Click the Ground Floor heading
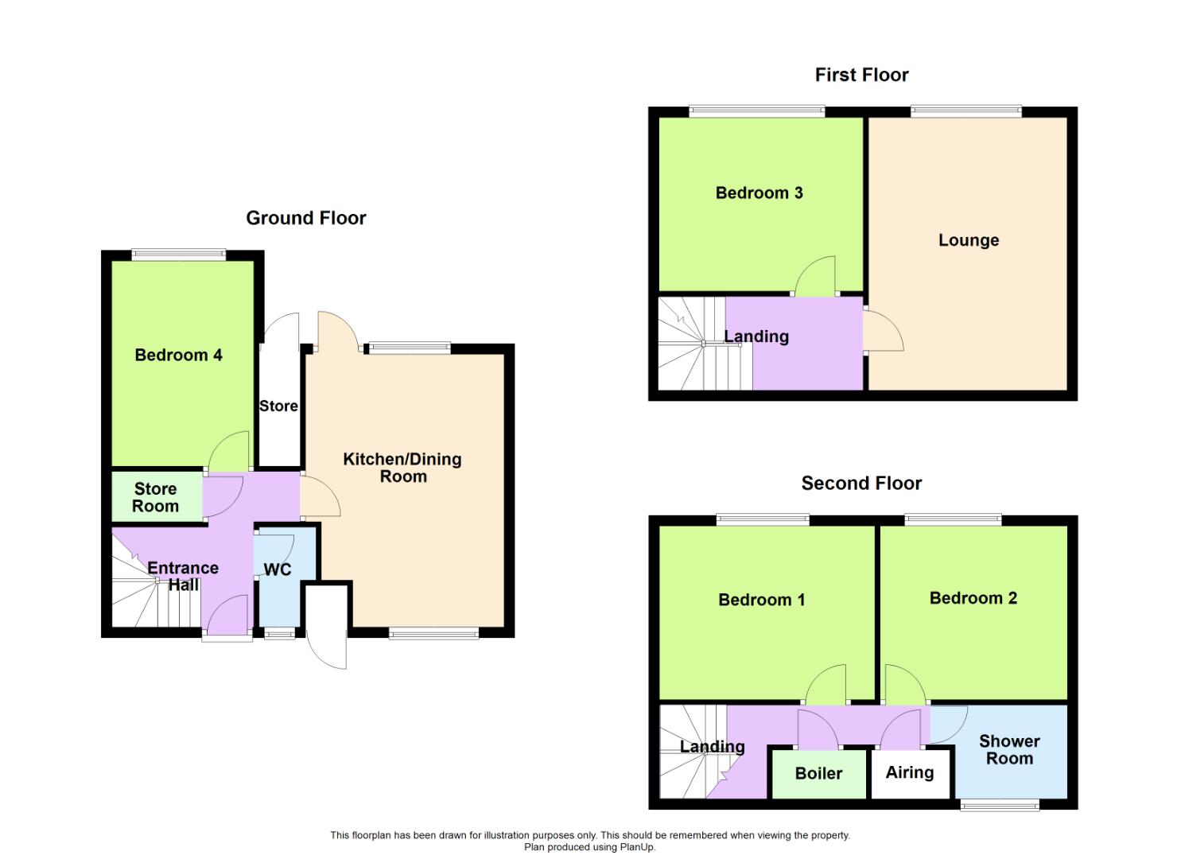[305, 218]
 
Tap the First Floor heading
[861, 75]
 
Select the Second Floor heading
[861, 483]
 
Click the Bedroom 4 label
[178, 355]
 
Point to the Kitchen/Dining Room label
[402, 468]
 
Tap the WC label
[278, 569]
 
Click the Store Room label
[155, 497]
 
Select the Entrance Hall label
[183, 576]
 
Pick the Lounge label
[968, 240]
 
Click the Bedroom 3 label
[759, 192]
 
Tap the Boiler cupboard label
[818, 773]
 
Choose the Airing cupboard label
[909, 772]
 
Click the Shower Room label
[1009, 749]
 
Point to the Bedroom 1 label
[761, 600]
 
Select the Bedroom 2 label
[973, 598]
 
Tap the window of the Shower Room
[1000, 805]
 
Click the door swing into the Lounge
[883, 332]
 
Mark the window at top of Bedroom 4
[178, 255]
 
